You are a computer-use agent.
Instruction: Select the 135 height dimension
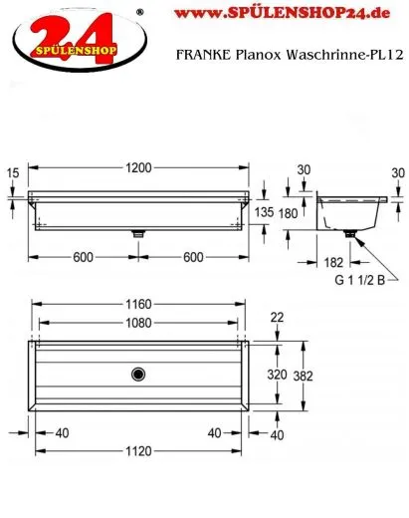pos(265,211)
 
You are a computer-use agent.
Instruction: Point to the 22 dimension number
pos(277,317)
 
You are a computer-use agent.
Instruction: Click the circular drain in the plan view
pos(136,375)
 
